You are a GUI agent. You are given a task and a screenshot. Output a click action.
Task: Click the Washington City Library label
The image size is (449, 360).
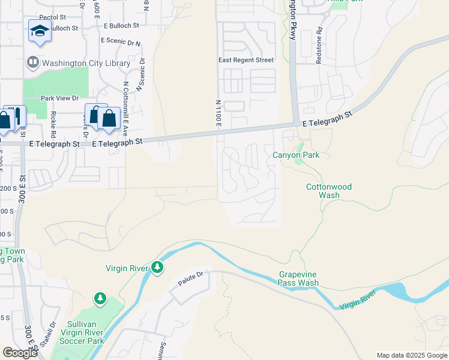click(86, 63)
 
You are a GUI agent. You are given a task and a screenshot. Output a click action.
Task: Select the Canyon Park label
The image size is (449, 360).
click(295, 155)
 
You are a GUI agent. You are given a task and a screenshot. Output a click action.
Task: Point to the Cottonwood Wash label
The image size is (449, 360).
click(328, 191)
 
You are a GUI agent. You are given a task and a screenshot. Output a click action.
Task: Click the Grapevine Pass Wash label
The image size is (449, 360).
click(298, 278)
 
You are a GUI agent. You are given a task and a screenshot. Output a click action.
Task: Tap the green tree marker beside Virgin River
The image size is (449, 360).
click(157, 267)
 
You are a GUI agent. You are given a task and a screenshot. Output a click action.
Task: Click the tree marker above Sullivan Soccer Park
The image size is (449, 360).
click(100, 298)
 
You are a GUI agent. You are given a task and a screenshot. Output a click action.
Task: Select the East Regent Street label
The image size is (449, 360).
click(246, 60)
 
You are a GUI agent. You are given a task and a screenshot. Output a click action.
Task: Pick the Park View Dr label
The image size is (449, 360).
click(59, 98)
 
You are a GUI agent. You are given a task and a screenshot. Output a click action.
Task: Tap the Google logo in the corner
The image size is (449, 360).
click(20, 353)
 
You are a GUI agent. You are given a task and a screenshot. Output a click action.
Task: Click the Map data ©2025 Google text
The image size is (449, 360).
click(411, 355)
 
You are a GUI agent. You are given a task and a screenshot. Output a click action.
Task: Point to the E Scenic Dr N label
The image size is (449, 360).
click(121, 41)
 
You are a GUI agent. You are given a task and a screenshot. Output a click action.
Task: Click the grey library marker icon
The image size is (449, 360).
click(32, 62)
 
